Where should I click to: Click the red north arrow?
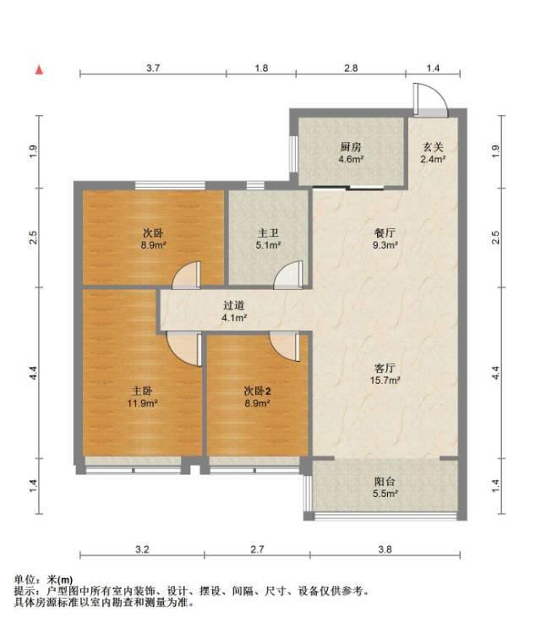point(39,70)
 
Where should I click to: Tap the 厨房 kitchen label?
point(351,147)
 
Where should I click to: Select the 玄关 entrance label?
point(433,147)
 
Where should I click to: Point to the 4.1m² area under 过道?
point(234,318)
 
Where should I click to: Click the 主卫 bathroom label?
point(268,233)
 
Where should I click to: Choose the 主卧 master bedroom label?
point(142,391)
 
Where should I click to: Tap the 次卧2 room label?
point(257,391)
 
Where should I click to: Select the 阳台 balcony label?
point(385,481)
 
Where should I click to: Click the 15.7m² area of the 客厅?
point(385,380)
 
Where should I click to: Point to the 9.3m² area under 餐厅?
point(385,245)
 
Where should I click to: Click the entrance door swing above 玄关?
point(430,100)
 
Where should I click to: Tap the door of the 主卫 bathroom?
point(289,275)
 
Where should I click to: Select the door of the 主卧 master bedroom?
point(184,349)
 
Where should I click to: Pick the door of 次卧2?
point(285,347)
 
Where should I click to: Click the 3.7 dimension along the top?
point(153,68)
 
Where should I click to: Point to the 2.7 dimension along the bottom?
point(257,549)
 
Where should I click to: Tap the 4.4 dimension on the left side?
point(34,373)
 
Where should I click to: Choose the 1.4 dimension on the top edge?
point(433,68)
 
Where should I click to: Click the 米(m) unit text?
point(60,580)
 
